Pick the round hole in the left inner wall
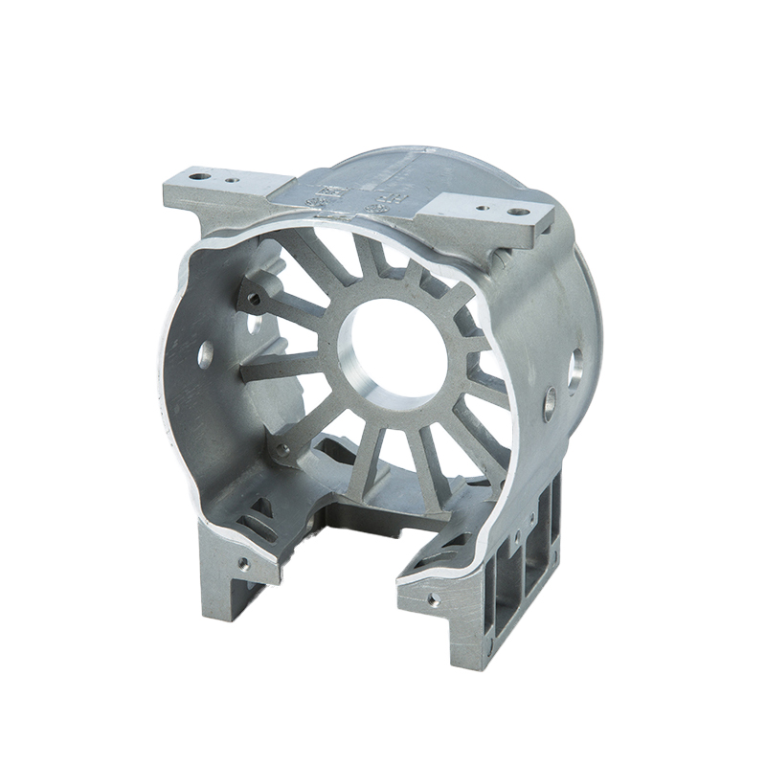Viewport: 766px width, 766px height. (x=205, y=356)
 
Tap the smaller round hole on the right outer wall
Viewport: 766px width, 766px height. (x=550, y=402)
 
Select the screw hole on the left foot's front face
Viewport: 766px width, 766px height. (x=243, y=564)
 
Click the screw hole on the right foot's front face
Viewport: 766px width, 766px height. (x=434, y=599)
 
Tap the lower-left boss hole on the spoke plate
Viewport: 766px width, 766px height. (x=281, y=448)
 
